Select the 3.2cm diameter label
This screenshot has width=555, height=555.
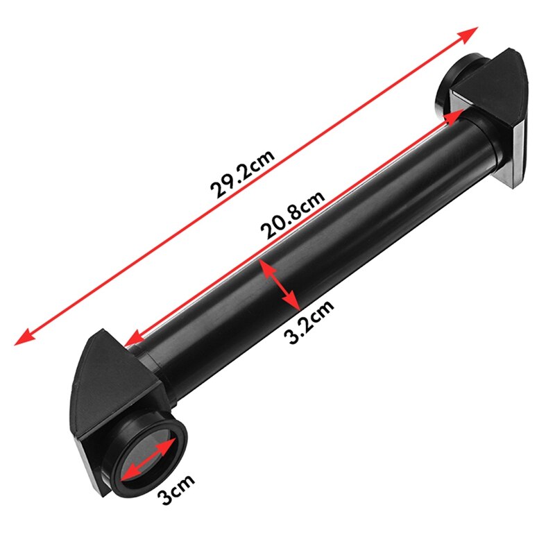point(309,321)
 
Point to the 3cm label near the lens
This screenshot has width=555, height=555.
point(176,488)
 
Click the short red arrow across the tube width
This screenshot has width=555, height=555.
point(280,284)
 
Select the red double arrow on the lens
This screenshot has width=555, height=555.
point(148,457)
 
